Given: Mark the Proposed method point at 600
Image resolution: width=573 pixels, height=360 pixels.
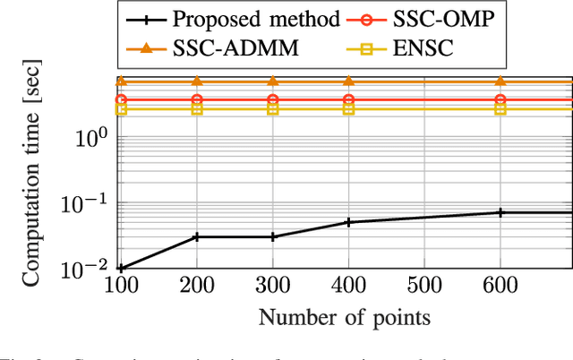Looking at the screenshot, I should click(500, 212).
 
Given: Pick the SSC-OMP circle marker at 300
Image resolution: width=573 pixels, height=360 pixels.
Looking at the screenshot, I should click(273, 99).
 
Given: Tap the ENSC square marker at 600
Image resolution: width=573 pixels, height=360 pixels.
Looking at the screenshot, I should click(500, 109).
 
